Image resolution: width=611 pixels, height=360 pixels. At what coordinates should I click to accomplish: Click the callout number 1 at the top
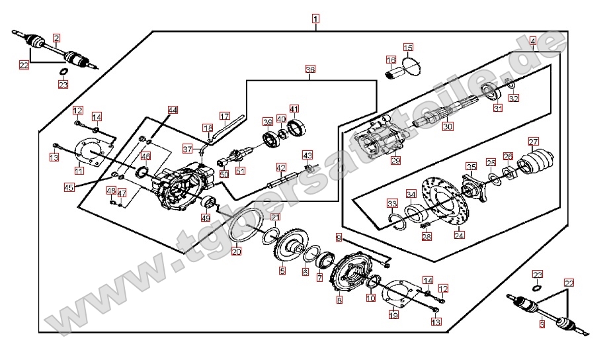coord(316,19)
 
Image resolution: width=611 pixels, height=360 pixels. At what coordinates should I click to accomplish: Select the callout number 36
coord(310,69)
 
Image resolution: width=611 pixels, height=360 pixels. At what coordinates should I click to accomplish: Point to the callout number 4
coord(532,41)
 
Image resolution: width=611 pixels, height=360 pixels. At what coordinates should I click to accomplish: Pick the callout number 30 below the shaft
coord(448,126)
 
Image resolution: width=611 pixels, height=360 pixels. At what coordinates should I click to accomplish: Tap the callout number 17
coord(224,116)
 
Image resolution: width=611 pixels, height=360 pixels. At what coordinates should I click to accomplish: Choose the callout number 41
coord(294,109)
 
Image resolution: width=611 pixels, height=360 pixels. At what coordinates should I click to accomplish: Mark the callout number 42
coord(281,167)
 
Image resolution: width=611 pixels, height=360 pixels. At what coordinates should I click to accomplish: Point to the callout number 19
coord(393,315)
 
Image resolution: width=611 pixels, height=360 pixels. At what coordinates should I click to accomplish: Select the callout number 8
coord(339,300)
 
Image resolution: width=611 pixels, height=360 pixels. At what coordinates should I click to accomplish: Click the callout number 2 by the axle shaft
coord(56,38)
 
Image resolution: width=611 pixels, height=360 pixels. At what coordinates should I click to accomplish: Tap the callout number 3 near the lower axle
coord(541,324)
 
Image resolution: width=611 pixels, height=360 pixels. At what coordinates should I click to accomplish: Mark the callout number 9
coord(339,237)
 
